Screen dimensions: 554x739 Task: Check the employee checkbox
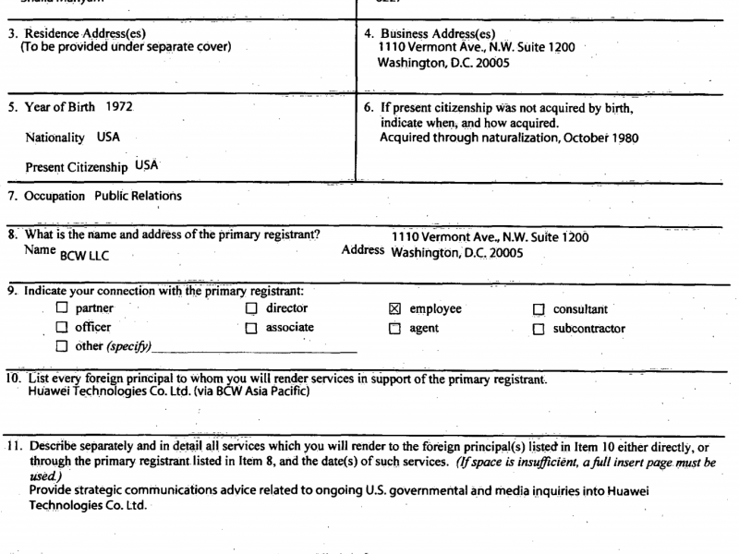coord(394,309)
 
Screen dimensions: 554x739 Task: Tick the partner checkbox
coord(62,309)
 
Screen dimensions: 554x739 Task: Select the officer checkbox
coord(62,328)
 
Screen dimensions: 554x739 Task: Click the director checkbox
coord(250,309)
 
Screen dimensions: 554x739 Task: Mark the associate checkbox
coord(250,328)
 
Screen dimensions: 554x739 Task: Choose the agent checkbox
coord(394,329)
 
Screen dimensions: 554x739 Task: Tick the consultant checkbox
coord(539,310)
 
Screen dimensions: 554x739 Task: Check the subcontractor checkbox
coord(539,329)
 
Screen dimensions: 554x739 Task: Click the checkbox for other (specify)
coord(62,347)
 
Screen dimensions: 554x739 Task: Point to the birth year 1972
coord(119,106)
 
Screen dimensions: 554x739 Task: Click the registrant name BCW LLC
coord(84,256)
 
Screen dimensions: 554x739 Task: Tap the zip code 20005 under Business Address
coord(490,64)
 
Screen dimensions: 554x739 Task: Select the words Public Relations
coord(138,196)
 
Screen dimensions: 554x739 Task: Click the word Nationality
coord(55,138)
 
